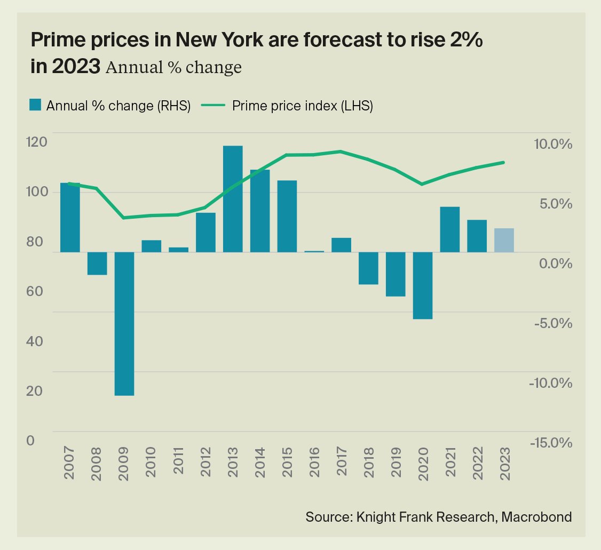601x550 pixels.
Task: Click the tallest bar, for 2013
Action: pyautogui.click(x=233, y=198)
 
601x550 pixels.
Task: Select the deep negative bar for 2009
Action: pyautogui.click(x=124, y=323)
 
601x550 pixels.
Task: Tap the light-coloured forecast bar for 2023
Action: pyautogui.click(x=504, y=240)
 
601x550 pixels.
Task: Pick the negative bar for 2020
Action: pyautogui.click(x=423, y=285)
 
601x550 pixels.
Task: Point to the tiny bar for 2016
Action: pyautogui.click(x=314, y=251)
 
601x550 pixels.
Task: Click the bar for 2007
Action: pyautogui.click(x=70, y=217)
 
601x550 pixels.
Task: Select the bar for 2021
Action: pyautogui.click(x=450, y=229)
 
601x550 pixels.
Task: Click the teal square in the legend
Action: pyautogui.click(x=36, y=105)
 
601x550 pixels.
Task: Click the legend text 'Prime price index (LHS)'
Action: pyautogui.click(x=302, y=106)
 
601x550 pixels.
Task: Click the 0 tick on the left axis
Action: pyautogui.click(x=30, y=441)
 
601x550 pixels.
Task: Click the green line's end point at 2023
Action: pyautogui.click(x=504, y=162)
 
